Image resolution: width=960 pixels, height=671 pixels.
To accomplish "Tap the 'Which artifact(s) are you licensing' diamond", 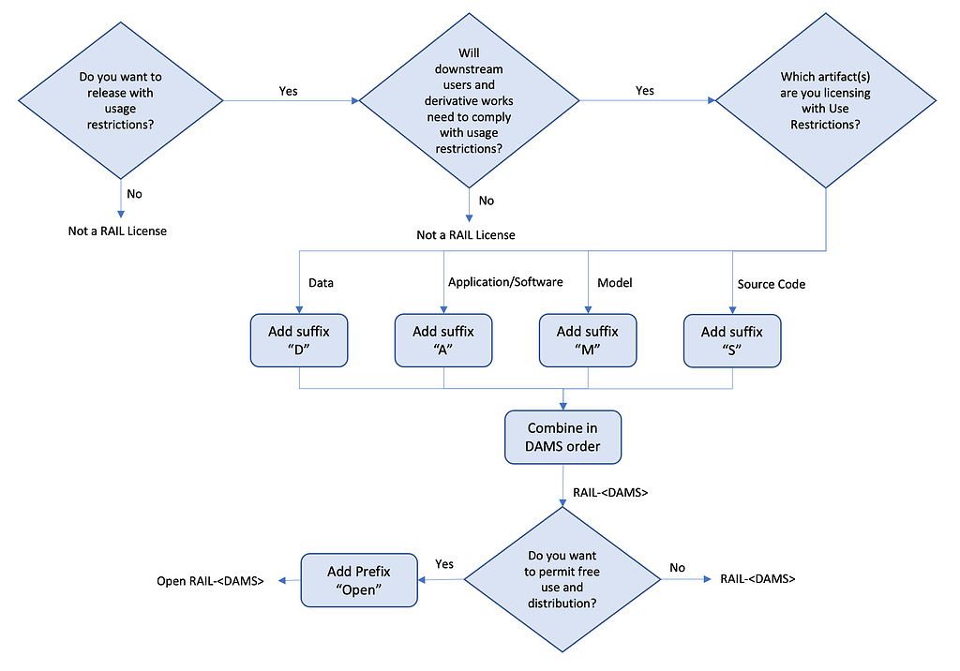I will pos(826,100).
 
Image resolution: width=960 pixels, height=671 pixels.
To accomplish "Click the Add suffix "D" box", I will pos(299,340).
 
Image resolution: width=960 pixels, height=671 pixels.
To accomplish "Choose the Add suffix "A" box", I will pos(443,340).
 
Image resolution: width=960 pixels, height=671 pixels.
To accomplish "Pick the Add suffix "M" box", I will pos(588,340).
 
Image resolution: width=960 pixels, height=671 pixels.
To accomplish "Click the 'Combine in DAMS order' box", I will pos(562,437).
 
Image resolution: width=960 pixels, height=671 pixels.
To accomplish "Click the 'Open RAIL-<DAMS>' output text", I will pos(210,582).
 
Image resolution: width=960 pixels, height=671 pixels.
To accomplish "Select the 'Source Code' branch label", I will pos(771,284).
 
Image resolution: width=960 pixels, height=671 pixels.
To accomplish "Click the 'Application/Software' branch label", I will pos(505,282).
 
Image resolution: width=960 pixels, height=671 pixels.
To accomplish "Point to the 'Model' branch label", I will pos(614,282).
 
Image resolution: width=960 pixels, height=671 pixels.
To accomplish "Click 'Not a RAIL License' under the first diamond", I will pos(117,231).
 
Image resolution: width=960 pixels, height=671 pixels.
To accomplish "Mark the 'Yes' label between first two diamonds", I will pos(289,91).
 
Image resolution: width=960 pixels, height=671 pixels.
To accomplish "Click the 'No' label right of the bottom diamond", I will pos(677,568).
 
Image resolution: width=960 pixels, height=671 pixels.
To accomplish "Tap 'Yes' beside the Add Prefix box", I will pos(444,564).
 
